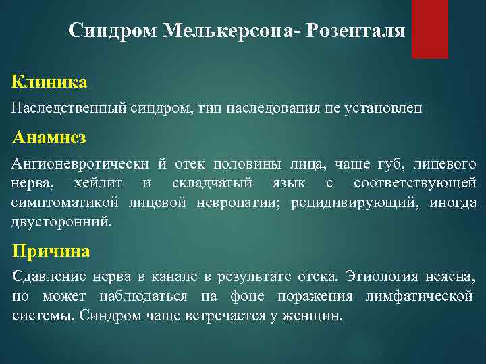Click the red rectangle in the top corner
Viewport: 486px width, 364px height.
(x=430, y=29)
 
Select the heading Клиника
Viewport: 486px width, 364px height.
(x=49, y=83)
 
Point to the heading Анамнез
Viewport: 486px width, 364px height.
(x=49, y=138)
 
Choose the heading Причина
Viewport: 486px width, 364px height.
(x=51, y=251)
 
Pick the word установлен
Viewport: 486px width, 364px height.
(x=388, y=109)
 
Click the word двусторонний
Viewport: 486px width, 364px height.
(x=61, y=222)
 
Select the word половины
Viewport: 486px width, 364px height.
(x=245, y=164)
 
